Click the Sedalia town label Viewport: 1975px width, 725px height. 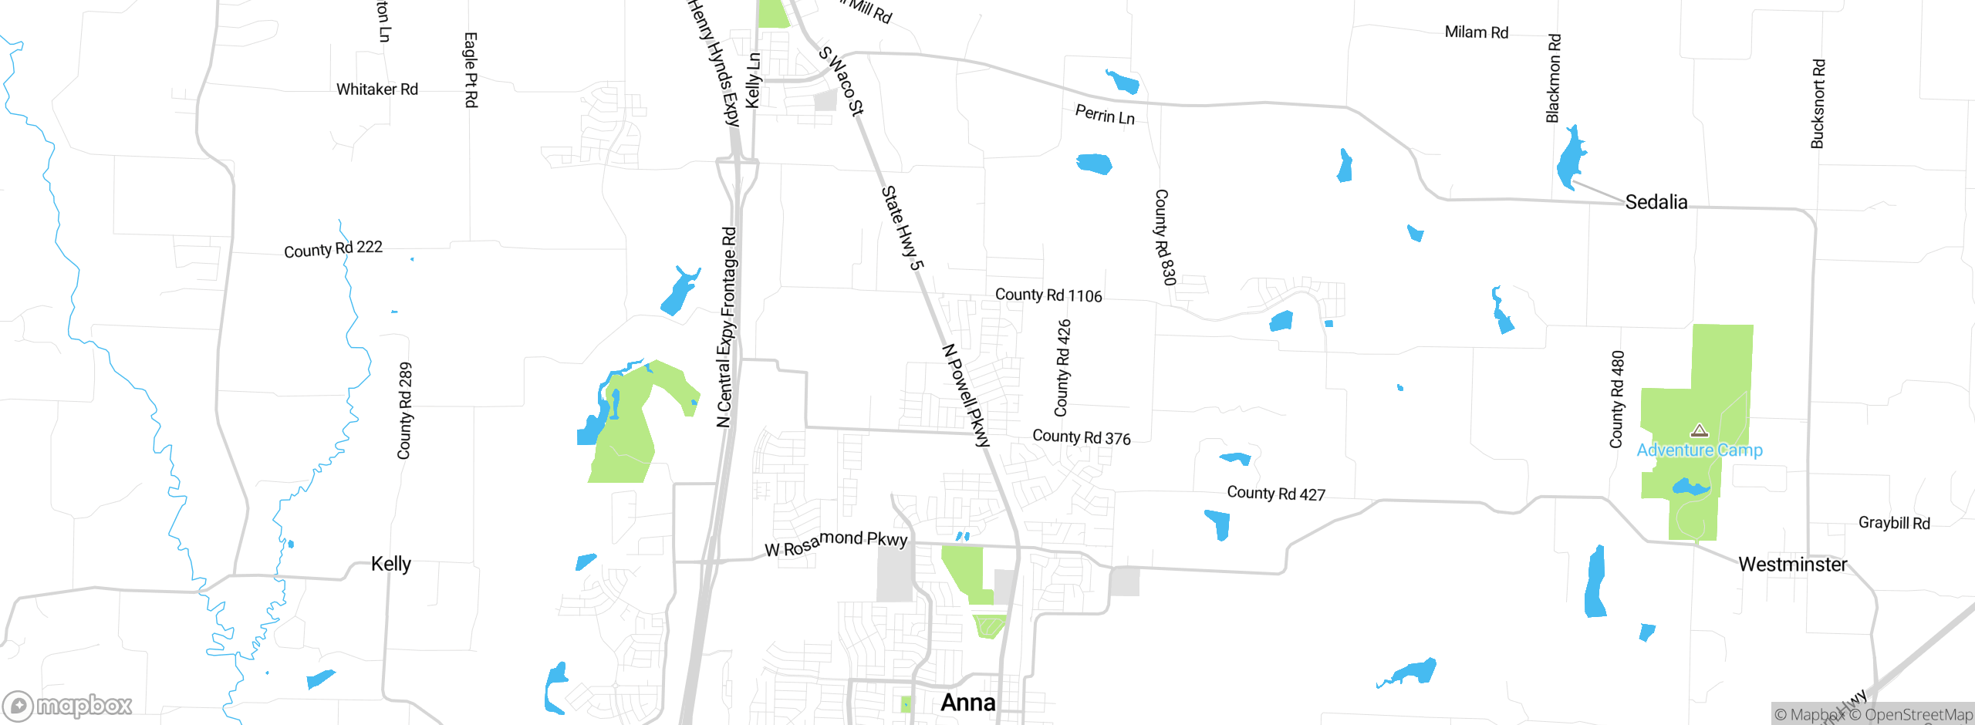coord(1656,202)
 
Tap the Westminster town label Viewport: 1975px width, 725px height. coord(1792,565)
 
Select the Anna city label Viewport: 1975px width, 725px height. coord(967,703)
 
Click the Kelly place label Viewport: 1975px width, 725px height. coord(390,564)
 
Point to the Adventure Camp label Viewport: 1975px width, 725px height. coord(1700,450)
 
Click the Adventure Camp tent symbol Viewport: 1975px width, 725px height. coord(1699,430)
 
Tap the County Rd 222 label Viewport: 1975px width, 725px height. coord(333,249)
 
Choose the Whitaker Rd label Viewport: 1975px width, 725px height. coord(376,89)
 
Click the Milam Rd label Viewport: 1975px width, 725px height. coord(1476,32)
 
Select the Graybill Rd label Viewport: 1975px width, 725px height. coord(1894,523)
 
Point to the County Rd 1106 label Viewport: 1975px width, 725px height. coord(1048,295)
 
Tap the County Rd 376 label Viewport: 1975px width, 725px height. coord(1082,437)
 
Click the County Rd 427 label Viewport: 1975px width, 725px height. coord(1276,494)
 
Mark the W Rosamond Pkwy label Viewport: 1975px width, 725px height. coord(836,543)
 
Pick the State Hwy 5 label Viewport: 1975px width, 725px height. coord(902,228)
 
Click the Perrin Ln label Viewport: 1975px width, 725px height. coord(1105,115)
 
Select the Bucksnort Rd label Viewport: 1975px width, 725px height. coord(1818,104)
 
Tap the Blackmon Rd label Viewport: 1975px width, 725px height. coord(1553,78)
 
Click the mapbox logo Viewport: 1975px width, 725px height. coord(68,705)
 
